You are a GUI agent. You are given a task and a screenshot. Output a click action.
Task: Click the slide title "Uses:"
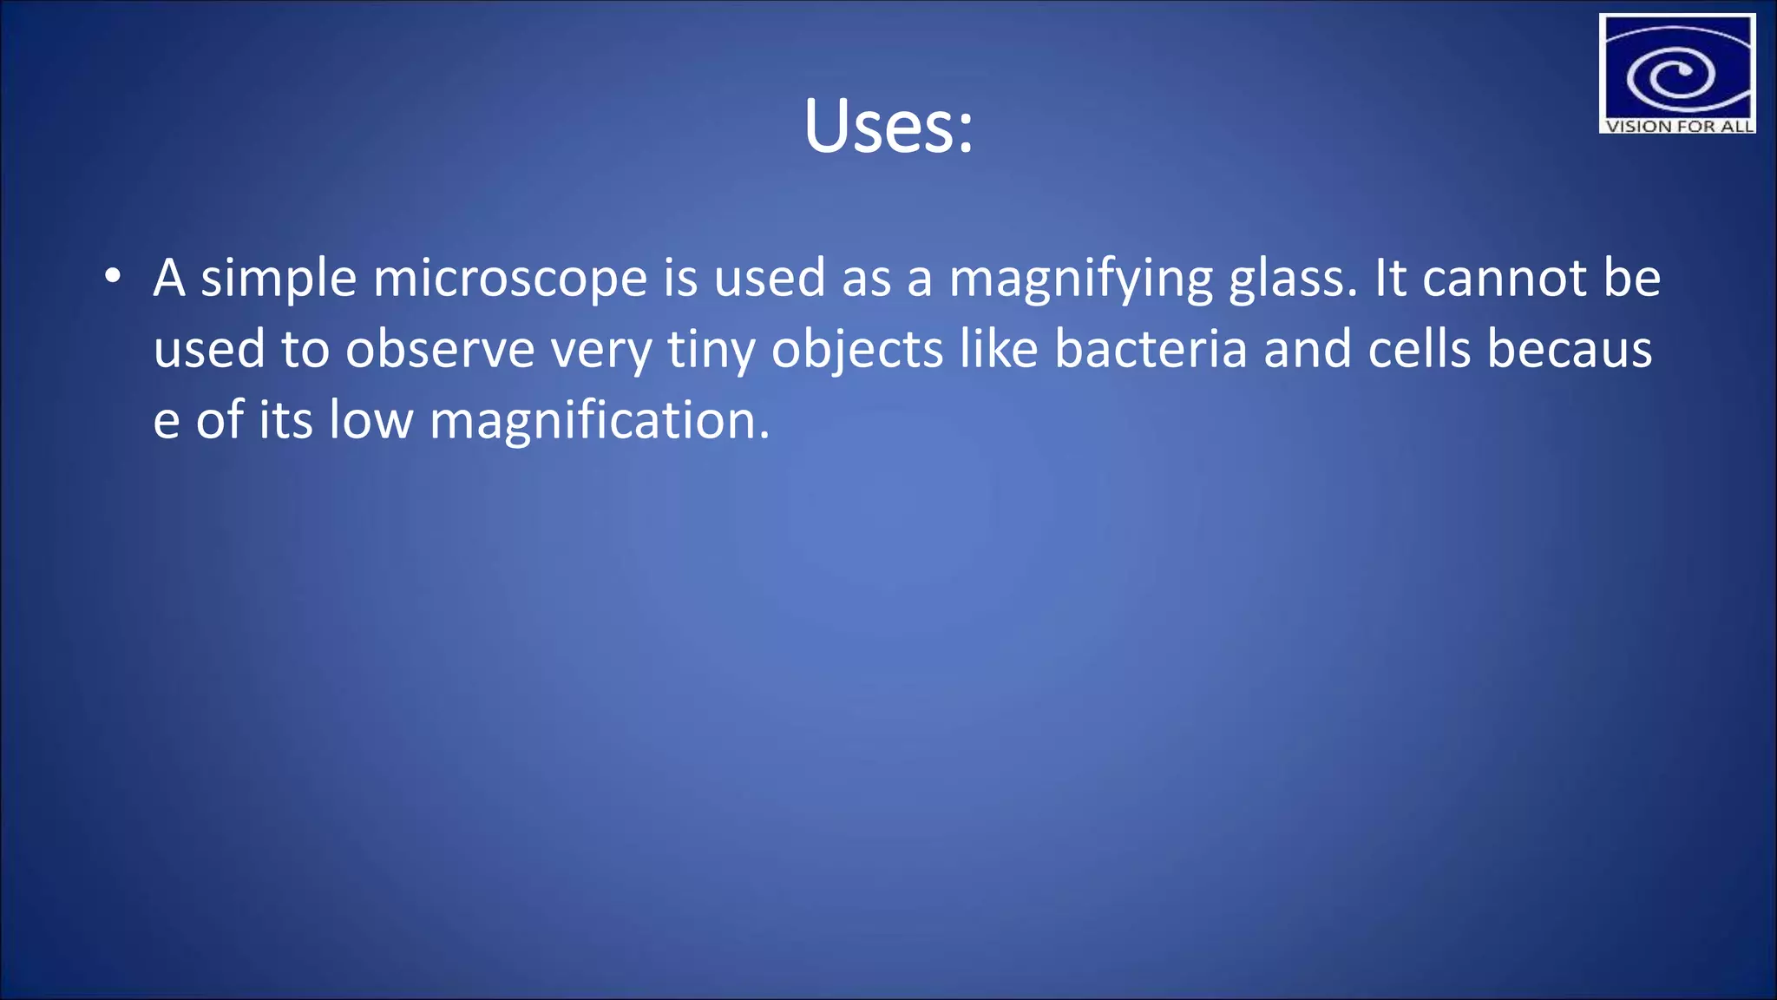click(x=888, y=128)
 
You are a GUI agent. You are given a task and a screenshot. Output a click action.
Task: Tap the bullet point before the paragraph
click(x=112, y=277)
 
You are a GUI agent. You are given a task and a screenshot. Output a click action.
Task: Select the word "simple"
click(x=279, y=280)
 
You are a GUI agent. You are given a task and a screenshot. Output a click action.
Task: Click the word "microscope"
click(x=510, y=280)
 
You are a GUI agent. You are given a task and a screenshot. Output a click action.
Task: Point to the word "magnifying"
click(x=1080, y=280)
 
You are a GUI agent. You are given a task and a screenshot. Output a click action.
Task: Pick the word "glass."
click(x=1293, y=280)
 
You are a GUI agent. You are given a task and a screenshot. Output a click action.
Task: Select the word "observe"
click(x=440, y=351)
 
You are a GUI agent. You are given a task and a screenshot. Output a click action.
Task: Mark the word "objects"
click(x=857, y=351)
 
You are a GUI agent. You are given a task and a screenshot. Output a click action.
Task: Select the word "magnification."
click(x=600, y=422)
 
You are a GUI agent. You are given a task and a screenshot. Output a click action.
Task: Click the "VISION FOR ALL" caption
click(x=1678, y=126)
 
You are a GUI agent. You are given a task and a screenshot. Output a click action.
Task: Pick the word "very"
click(x=601, y=351)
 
